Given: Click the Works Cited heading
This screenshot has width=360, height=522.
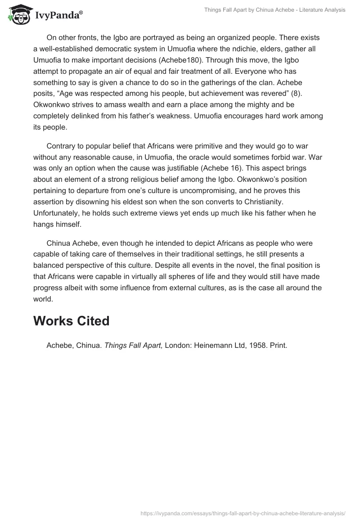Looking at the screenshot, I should click(x=71, y=321).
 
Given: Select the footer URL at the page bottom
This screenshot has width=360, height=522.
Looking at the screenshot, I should click(x=243, y=513).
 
